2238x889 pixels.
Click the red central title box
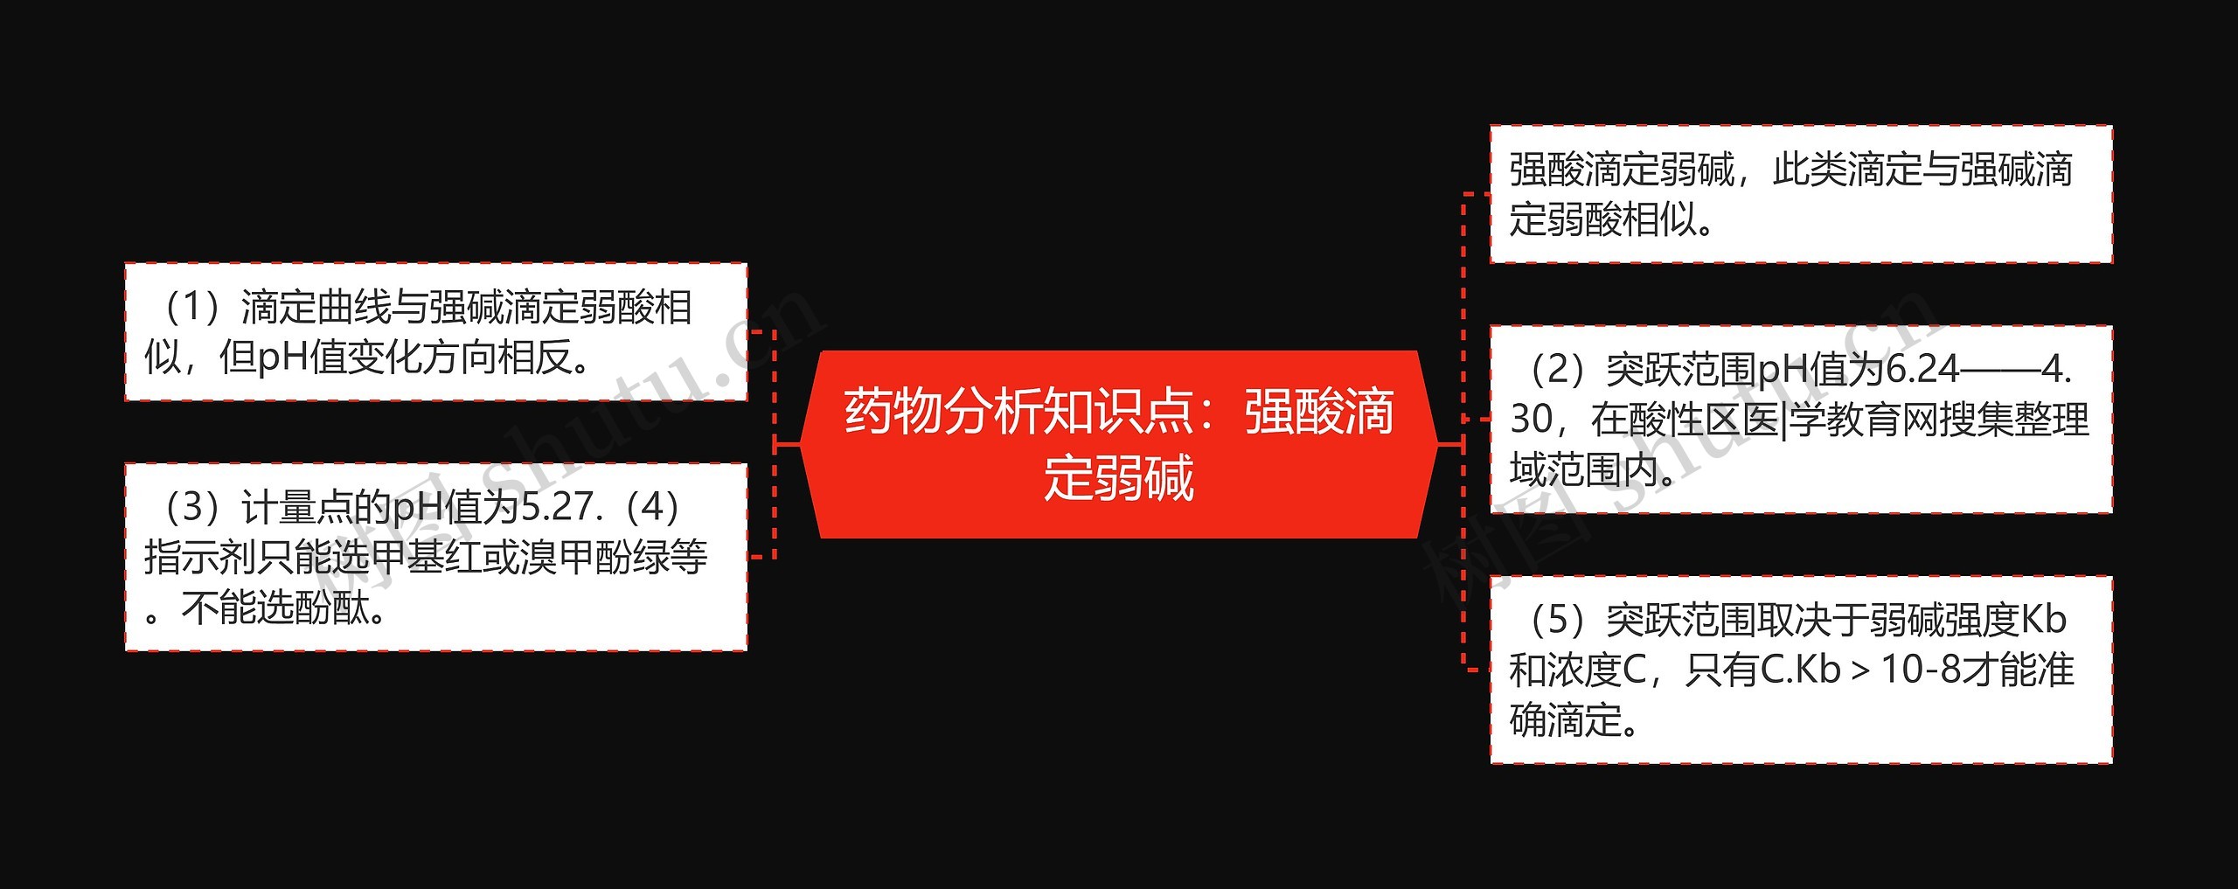click(1119, 444)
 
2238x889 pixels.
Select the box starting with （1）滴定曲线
click(435, 332)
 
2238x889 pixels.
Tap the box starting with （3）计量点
click(435, 557)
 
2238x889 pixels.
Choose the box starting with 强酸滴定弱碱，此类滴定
click(1801, 194)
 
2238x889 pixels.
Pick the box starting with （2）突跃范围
click(1801, 420)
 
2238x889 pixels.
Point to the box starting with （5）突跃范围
click(1801, 670)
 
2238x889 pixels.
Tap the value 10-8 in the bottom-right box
click(1920, 670)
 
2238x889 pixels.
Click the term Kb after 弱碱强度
click(2044, 620)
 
